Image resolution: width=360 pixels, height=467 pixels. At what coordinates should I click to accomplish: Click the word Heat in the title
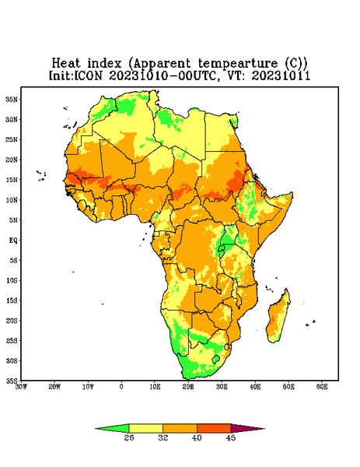[66, 63]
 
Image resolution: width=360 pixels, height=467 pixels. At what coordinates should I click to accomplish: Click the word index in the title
[105, 63]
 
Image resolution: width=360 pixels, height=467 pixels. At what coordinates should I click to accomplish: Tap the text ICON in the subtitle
[88, 75]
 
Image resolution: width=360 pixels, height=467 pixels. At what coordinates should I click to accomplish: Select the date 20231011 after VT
[281, 75]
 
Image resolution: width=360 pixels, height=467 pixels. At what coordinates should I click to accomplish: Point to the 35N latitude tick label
[12, 100]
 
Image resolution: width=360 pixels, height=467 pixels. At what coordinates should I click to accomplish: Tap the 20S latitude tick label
[12, 321]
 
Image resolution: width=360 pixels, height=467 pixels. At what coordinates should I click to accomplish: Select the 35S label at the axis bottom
[12, 381]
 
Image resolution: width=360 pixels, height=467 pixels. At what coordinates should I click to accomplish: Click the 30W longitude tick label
[21, 387]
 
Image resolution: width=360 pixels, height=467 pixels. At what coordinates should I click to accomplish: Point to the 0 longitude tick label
[121, 387]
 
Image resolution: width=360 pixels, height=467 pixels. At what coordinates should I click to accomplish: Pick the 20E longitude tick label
[188, 387]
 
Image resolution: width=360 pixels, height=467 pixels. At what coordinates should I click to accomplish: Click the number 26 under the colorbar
[129, 437]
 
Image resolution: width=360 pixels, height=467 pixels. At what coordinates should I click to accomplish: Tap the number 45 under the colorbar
[231, 437]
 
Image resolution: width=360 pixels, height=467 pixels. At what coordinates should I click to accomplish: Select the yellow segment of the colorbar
[145, 428]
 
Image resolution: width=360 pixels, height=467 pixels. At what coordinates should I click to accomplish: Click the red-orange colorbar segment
[214, 428]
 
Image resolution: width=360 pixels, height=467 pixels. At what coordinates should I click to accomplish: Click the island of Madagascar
[278, 317]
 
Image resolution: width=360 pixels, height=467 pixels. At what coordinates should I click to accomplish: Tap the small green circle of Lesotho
[216, 359]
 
